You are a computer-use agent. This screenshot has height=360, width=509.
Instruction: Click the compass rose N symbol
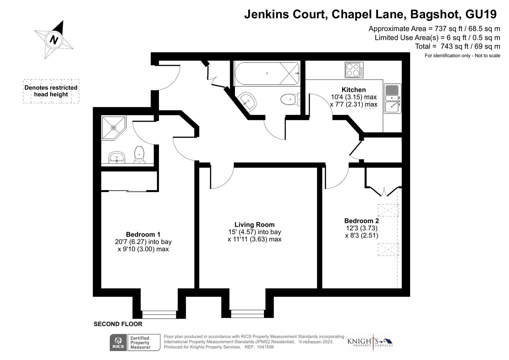(54, 40)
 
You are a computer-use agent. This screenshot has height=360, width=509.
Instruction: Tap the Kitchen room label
(353, 90)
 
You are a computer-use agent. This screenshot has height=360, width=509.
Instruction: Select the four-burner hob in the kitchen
(354, 70)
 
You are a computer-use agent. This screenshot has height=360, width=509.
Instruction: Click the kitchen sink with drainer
(393, 99)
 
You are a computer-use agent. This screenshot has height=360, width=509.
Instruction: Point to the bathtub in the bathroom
(267, 73)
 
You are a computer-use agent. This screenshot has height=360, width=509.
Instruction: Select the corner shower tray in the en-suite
(113, 127)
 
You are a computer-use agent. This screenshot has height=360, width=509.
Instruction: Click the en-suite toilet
(139, 155)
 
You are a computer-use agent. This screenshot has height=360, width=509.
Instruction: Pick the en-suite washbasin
(117, 157)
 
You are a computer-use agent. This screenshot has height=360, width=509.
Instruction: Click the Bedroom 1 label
(143, 234)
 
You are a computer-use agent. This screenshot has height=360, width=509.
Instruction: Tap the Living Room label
(254, 225)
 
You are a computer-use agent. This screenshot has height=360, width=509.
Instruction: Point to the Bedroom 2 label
(361, 221)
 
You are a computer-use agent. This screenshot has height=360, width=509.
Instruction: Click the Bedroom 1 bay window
(159, 314)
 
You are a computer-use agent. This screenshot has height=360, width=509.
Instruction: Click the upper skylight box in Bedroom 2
(388, 210)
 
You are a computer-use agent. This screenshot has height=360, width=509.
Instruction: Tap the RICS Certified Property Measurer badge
(135, 343)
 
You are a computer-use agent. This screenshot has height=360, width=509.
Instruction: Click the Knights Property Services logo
(370, 342)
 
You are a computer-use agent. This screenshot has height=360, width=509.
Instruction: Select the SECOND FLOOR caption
(118, 324)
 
